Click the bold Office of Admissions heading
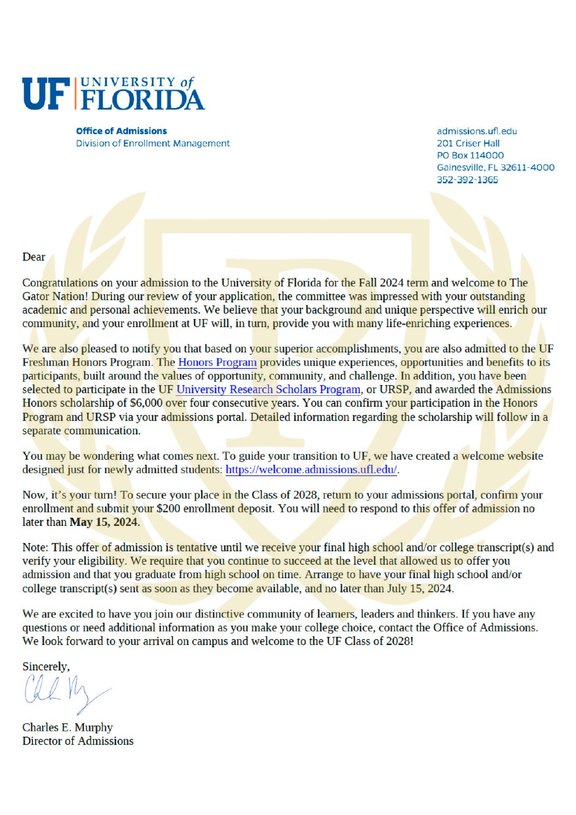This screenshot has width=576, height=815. (x=121, y=131)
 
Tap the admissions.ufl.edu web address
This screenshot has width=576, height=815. (x=477, y=131)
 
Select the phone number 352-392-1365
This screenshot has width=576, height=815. (x=467, y=180)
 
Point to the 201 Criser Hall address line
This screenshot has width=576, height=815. (x=468, y=143)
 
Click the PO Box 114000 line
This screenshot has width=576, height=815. (x=470, y=156)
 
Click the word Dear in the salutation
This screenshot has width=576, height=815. (x=34, y=257)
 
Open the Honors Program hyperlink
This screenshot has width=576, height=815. (x=217, y=362)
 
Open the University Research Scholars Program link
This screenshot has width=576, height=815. (x=268, y=390)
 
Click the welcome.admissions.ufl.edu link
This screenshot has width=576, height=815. (x=311, y=470)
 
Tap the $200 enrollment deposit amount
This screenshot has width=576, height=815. (x=167, y=509)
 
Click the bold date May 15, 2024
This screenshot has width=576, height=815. (x=104, y=522)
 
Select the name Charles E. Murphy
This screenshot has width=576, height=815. (x=67, y=727)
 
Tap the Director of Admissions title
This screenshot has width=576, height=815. (x=78, y=741)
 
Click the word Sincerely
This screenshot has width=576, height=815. (x=46, y=666)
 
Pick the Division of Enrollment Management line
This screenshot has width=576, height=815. (x=153, y=143)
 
